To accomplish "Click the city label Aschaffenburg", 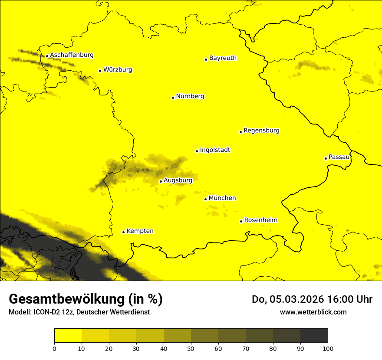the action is point(72,55).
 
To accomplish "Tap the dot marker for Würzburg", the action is point(100,71).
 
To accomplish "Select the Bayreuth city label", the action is point(223,58).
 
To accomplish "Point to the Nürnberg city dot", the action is point(173,98).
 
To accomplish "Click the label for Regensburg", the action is point(261,131).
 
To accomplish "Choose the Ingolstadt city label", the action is point(215,150).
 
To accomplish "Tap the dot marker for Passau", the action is point(326,158).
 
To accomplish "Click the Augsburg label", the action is point(178,180).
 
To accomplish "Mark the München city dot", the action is point(205,199).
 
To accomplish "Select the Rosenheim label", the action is point(260,220).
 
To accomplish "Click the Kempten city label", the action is point(140,231).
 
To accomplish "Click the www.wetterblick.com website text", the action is point(313,312).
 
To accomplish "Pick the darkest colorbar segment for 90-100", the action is point(314,336).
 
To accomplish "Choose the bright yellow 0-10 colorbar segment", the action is point(68,336).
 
